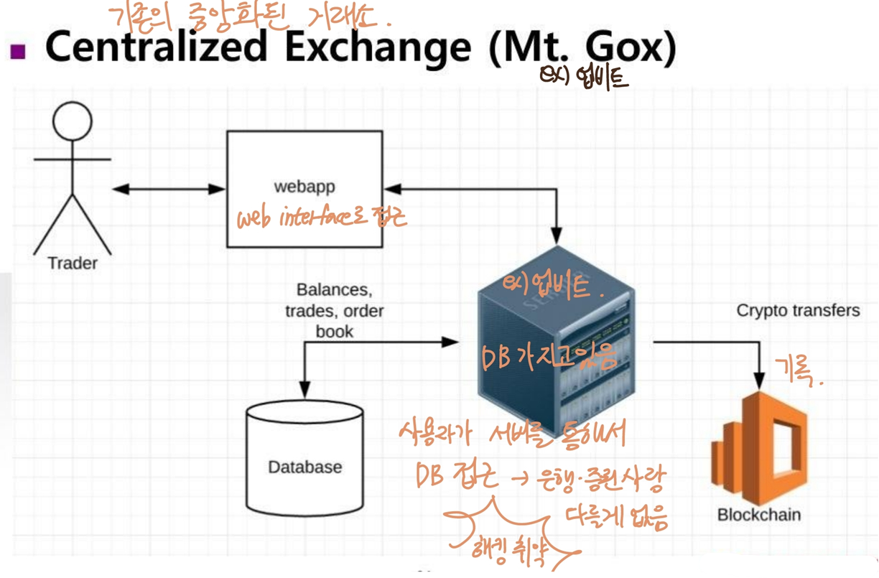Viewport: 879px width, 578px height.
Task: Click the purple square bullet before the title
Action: click(18, 51)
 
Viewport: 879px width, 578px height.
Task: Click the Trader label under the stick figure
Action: click(73, 264)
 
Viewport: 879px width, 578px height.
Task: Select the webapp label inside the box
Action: click(304, 187)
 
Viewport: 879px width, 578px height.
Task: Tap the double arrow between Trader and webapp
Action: click(169, 189)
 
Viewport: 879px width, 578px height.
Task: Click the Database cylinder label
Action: click(304, 467)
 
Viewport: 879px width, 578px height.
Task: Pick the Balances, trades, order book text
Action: click(335, 311)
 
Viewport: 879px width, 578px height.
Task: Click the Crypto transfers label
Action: click(798, 311)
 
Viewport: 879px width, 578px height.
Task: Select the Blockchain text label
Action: click(758, 515)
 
